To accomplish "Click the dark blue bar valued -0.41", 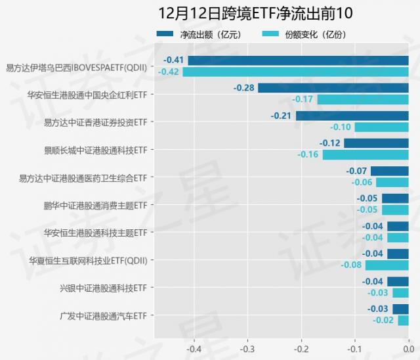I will pyautogui.click(x=298, y=60).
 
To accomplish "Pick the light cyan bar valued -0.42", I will pyautogui.click(x=295, y=72).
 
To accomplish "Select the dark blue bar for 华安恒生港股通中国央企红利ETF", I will pyautogui.click(x=333, y=88).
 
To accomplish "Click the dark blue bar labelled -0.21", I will pyautogui.click(x=352, y=116).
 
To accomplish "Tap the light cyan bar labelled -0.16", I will pyautogui.click(x=365, y=154).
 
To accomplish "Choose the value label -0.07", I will pyautogui.click(x=356, y=171).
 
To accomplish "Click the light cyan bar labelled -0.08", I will pyautogui.click(x=387, y=265).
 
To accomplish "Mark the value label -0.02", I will pyautogui.click(x=383, y=320).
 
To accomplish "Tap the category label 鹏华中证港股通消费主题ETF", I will pyautogui.click(x=95, y=206).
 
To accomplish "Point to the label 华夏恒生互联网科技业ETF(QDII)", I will pyautogui.click(x=88, y=261).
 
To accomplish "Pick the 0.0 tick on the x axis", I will pyautogui.click(x=408, y=349).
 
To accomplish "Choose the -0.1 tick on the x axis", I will pyautogui.click(x=354, y=349).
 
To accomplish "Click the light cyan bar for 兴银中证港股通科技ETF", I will pyautogui.click(x=400, y=292).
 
